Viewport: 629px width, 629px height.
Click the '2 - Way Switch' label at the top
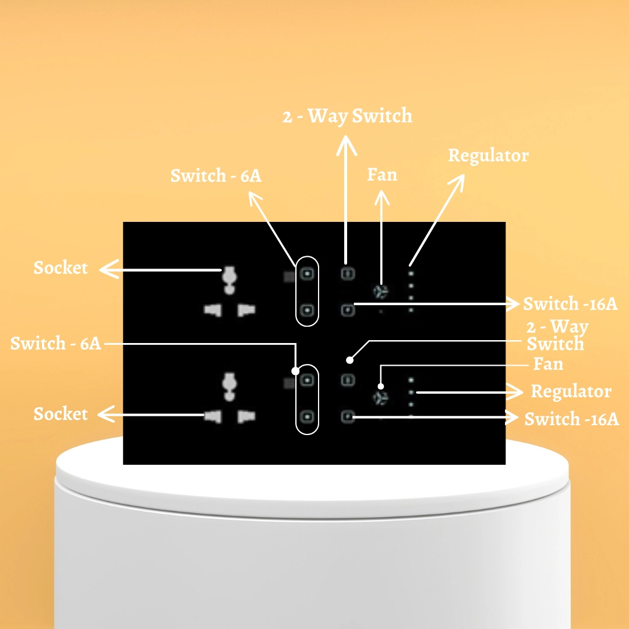[x=347, y=116]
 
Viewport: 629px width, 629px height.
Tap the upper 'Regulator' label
[x=488, y=156]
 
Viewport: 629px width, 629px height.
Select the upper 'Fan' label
[x=382, y=175]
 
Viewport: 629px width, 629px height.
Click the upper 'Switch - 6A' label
[x=216, y=176]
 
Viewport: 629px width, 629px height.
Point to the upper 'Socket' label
[x=61, y=267]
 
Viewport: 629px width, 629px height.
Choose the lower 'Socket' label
[x=61, y=414]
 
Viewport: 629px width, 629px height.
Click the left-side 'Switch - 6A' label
[x=55, y=344]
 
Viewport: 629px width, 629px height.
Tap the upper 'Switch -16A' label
[x=570, y=303]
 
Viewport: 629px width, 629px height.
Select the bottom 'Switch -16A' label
[x=572, y=419]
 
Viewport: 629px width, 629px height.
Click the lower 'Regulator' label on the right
[x=571, y=391]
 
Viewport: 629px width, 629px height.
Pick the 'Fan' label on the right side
[x=548, y=364]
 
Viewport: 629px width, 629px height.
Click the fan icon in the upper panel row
[x=380, y=292]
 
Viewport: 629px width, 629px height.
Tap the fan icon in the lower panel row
[x=380, y=398]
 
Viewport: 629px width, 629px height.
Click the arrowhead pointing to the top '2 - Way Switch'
[x=346, y=144]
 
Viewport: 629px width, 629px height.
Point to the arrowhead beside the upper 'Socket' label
[x=109, y=269]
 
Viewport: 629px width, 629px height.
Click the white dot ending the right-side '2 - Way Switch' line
[x=350, y=360]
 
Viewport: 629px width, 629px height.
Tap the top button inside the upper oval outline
[x=308, y=274]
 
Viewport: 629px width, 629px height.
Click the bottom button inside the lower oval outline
[x=308, y=417]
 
